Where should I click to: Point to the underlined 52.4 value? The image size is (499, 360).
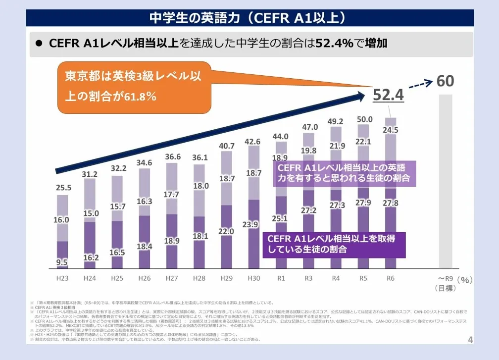[389, 95]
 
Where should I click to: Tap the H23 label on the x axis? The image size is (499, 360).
[62, 278]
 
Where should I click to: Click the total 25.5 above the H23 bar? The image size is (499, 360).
[62, 188]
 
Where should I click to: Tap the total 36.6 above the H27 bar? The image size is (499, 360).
[172, 156]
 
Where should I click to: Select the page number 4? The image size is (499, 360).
[470, 340]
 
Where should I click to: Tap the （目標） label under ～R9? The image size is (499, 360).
[446, 288]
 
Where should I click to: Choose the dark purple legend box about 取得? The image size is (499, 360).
[334, 244]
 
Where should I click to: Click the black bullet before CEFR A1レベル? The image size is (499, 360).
[39, 44]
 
